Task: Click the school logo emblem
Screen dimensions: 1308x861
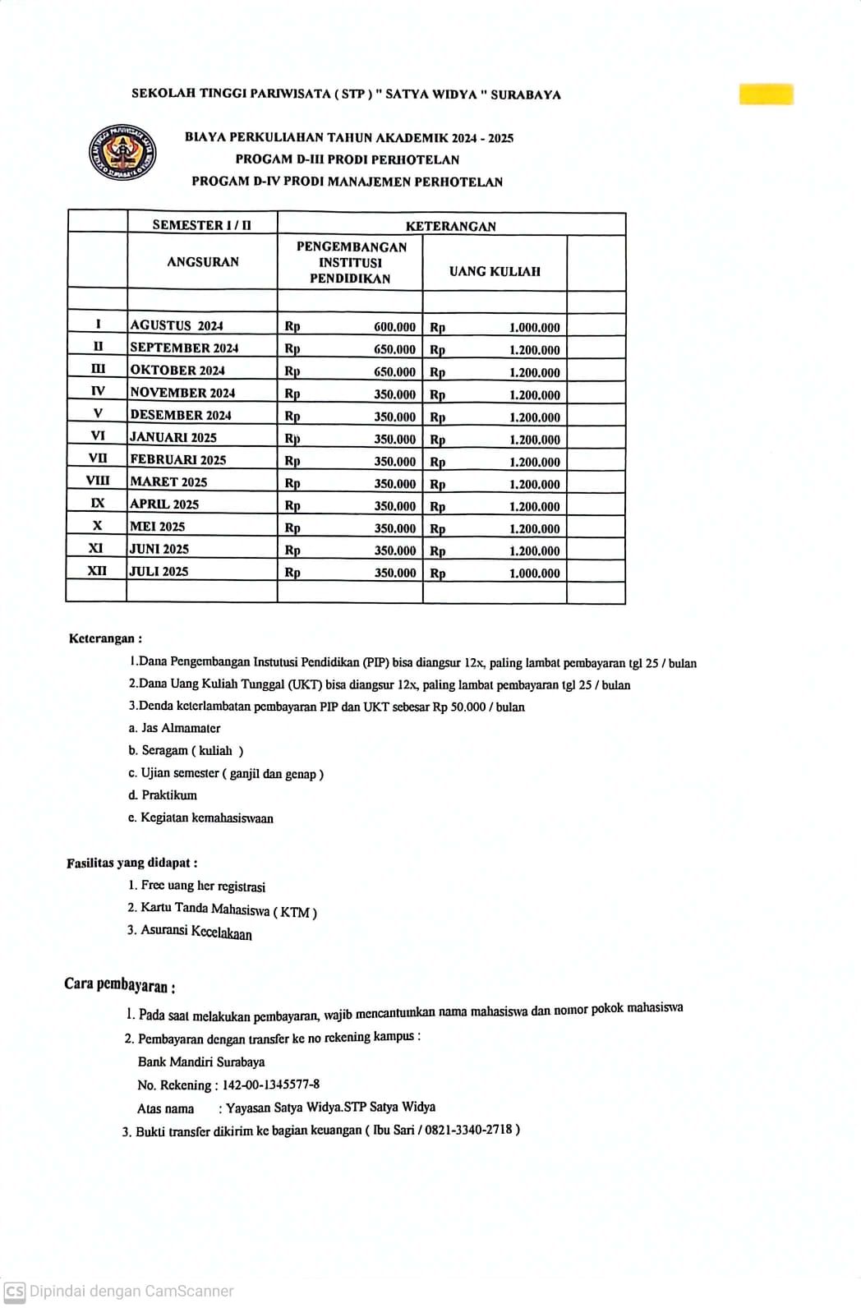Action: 123,150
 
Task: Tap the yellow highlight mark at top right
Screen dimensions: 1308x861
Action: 766,94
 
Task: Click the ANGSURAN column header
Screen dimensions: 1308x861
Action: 202,262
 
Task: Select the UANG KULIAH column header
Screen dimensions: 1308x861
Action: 495,271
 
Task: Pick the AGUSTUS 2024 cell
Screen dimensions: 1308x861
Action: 177,325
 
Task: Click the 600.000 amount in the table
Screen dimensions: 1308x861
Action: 394,327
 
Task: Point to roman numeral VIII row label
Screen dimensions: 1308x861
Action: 97,481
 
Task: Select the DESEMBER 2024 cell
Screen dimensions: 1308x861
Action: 181,415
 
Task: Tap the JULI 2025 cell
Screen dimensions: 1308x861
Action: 159,571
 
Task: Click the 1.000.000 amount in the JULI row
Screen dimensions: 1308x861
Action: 534,573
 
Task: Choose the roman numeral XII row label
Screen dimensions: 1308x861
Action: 97,571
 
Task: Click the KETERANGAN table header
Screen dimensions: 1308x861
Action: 450,226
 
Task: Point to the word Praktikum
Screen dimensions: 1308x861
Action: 169,795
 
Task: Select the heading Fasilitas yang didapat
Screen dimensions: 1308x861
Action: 131,863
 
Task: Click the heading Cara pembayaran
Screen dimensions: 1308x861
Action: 119,985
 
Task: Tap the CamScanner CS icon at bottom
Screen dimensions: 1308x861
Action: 15,1291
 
